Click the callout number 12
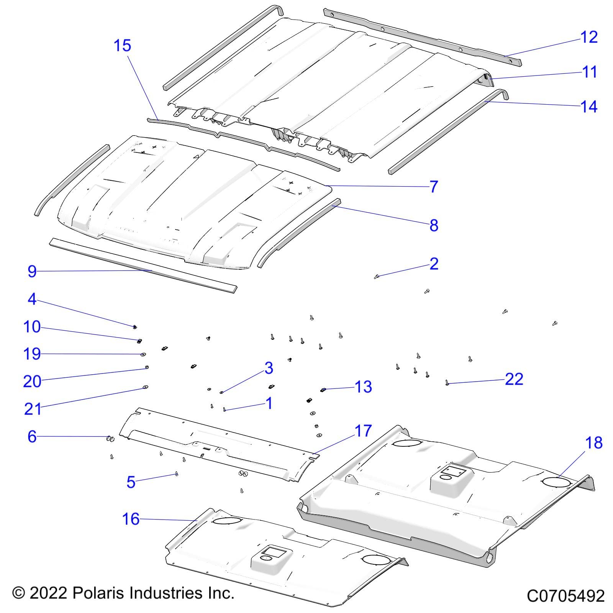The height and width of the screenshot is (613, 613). click(589, 37)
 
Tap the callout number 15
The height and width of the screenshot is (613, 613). click(122, 46)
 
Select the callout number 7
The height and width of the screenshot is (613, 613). click(433, 187)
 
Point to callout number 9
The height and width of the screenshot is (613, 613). click(32, 271)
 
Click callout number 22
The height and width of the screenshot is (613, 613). click(514, 379)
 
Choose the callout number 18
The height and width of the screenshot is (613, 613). click(593, 443)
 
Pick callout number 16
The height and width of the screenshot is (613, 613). click(131, 519)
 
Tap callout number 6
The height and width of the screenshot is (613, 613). click(32, 436)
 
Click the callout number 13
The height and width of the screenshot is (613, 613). click(363, 387)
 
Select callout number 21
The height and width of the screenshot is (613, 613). click(33, 409)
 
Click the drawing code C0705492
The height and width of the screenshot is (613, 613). click(565, 596)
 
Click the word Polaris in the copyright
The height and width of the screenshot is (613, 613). click(98, 593)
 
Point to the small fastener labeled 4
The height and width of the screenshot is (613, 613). click(135, 327)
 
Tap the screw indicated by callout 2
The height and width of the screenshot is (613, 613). click(377, 276)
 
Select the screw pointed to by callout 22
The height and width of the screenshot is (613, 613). click(447, 382)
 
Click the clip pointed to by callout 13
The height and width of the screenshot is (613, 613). click(323, 390)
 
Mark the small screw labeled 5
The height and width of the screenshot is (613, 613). click(176, 474)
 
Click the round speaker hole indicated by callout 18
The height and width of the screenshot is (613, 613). click(557, 481)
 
